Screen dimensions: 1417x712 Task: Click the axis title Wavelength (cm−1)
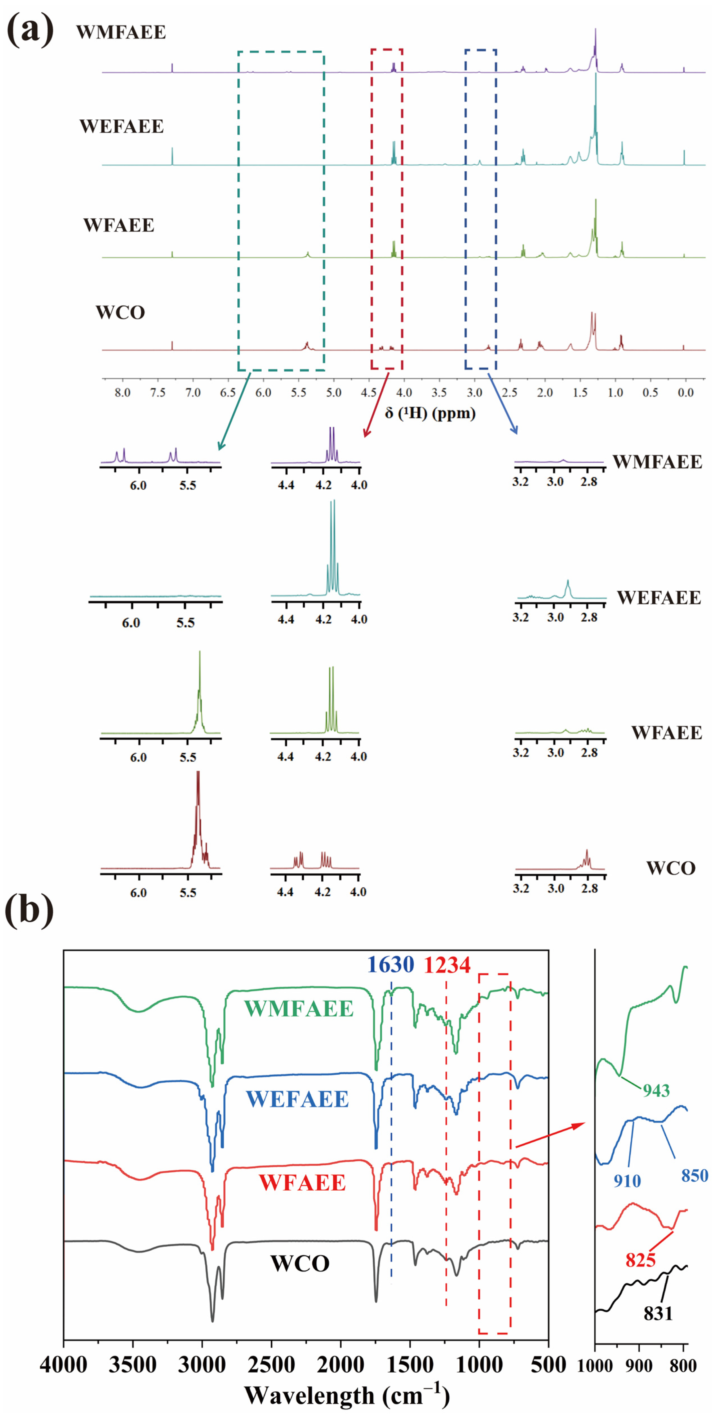tap(347, 1395)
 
